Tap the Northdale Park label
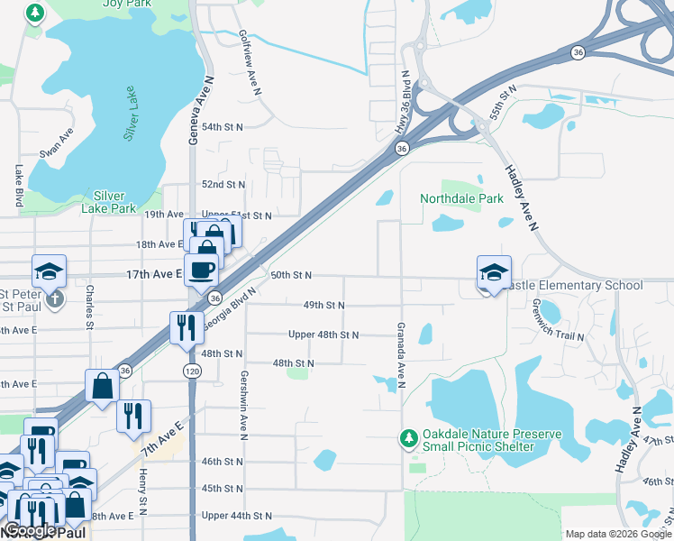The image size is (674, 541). pyautogui.click(x=460, y=198)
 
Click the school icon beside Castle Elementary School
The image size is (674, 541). pyautogui.click(x=494, y=272)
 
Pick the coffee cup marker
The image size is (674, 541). pyautogui.click(x=202, y=269)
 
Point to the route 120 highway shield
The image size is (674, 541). pyautogui.click(x=192, y=371)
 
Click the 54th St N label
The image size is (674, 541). pyautogui.click(x=223, y=127)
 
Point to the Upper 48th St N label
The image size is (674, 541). pyautogui.click(x=323, y=335)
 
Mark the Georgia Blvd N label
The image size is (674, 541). pyautogui.click(x=230, y=307)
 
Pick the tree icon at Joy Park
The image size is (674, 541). pyautogui.click(x=35, y=14)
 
